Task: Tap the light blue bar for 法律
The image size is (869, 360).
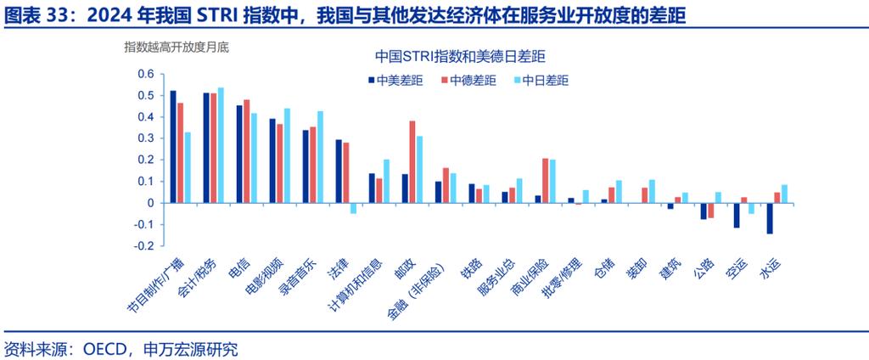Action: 354,208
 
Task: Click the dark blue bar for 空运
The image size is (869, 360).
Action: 737,215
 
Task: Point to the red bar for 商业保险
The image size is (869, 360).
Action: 546,180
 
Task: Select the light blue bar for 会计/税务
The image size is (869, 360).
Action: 221,145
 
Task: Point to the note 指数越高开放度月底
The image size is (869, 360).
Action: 176,48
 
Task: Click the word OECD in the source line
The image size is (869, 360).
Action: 104,348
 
